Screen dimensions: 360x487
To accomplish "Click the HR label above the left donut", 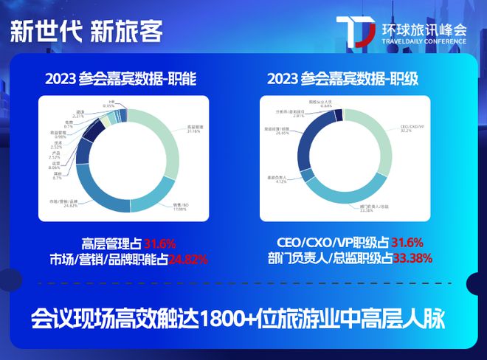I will [x=109, y=103].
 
